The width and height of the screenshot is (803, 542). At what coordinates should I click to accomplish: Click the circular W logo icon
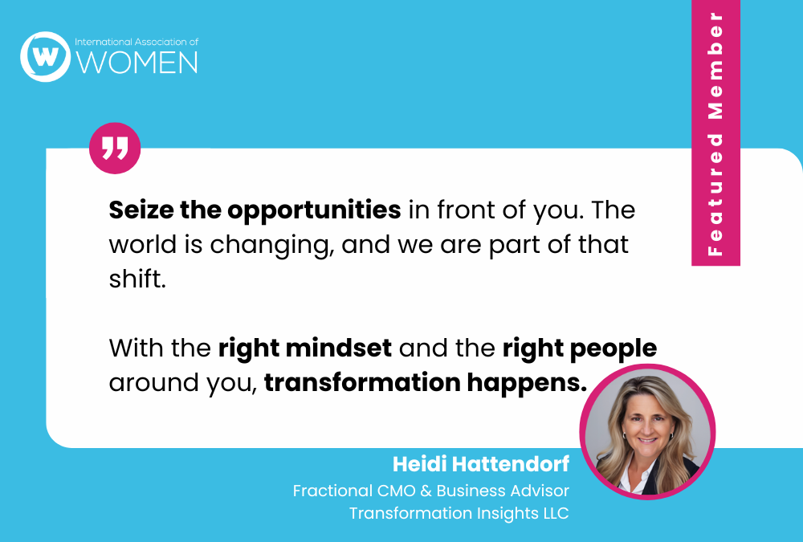pos(45,56)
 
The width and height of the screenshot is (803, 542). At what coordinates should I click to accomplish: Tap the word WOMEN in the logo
pos(137,63)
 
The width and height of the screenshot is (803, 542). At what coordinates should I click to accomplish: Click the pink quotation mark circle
pos(115,148)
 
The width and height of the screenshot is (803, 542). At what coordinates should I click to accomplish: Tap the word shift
pos(137,279)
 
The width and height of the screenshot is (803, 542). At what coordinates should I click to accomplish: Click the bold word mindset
pos(339,348)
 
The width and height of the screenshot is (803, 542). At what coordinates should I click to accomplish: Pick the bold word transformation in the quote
pos(362,383)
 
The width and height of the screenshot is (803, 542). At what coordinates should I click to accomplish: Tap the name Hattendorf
pos(510,464)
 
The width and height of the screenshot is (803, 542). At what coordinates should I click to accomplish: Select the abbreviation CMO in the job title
pos(396,491)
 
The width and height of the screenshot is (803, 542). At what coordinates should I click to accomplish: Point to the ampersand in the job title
pos(426,491)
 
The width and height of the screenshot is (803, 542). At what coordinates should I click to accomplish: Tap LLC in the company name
pos(556,513)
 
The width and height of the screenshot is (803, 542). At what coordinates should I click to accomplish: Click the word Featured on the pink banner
pos(715,194)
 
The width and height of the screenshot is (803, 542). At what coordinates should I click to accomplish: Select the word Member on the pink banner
pos(715,66)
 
